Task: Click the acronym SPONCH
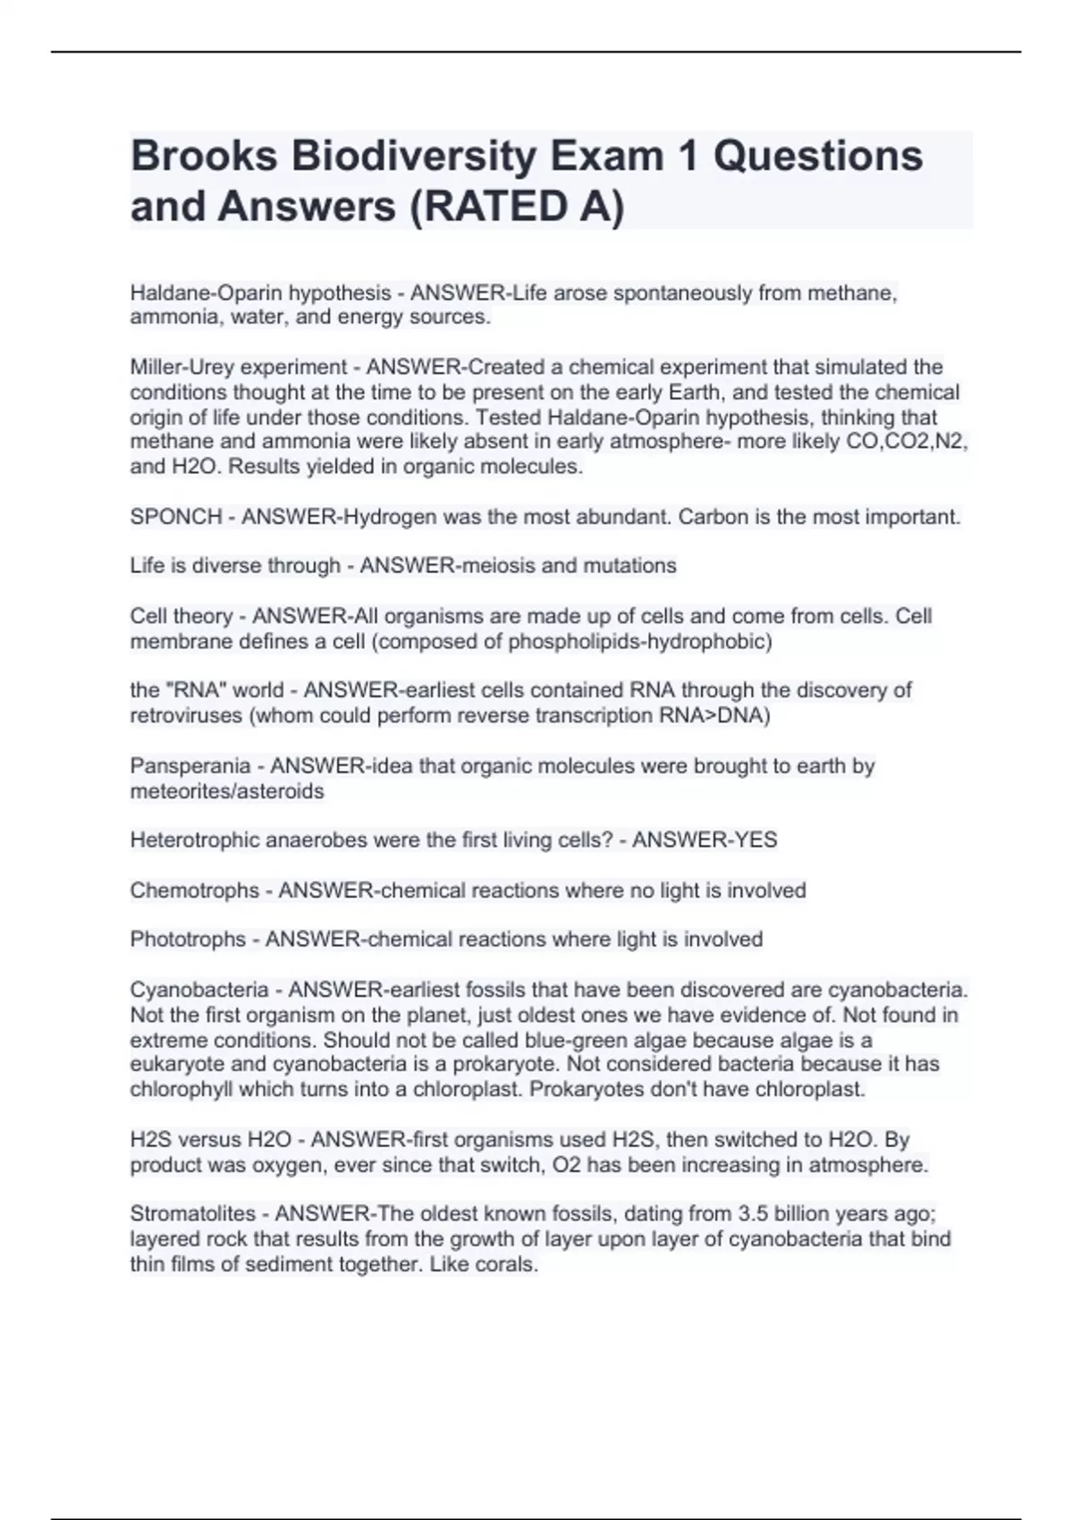click(x=176, y=517)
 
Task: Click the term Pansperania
click(x=190, y=766)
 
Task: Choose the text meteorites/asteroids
click(x=227, y=791)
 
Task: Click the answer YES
click(x=756, y=840)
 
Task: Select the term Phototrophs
click(x=188, y=940)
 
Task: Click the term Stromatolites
click(x=193, y=1214)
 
